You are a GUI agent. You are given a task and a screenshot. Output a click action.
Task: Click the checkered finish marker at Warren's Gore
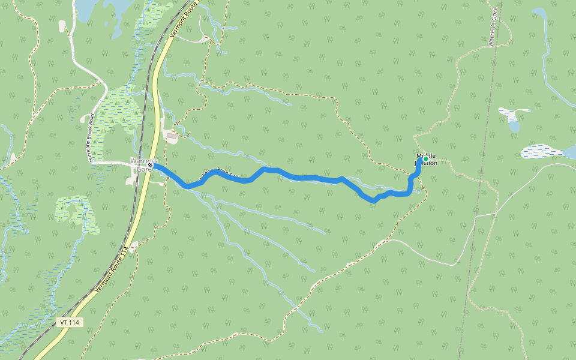coord(151,165)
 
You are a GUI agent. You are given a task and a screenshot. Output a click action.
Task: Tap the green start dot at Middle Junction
coord(425,159)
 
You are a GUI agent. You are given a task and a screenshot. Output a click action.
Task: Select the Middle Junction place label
coord(425,159)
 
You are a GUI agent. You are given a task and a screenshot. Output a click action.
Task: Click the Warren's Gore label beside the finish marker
coord(144,165)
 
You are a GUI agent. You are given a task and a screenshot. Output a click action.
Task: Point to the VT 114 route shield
coord(70,322)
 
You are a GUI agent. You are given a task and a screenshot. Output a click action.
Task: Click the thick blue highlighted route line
coord(300,178)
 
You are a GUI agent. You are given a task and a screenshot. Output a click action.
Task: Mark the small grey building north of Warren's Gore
coord(172,136)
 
